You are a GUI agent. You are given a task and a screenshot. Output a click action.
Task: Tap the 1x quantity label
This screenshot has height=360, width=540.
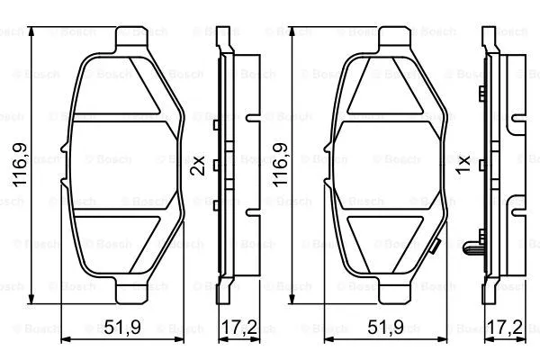point(464,166)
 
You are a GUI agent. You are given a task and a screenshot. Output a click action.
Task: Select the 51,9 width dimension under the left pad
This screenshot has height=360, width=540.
point(121,329)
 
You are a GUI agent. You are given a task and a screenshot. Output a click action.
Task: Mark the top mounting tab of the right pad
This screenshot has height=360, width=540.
point(394,39)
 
